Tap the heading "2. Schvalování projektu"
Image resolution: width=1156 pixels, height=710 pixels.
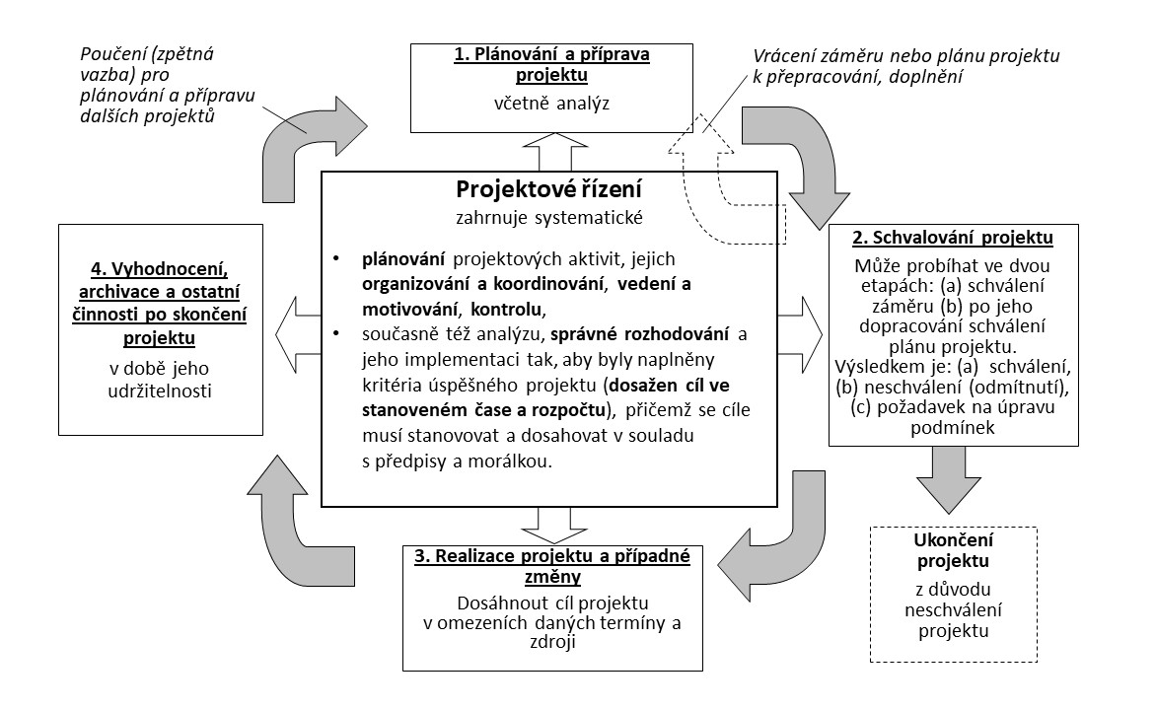937,239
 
